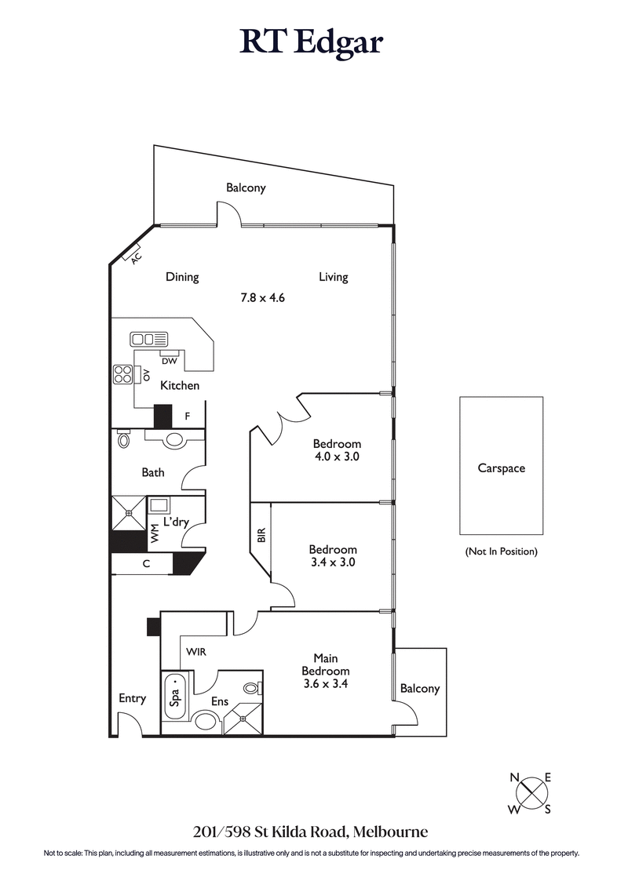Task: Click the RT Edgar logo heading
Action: pyautogui.click(x=312, y=42)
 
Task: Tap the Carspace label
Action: pyautogui.click(x=501, y=468)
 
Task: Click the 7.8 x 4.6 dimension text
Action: pyautogui.click(x=261, y=297)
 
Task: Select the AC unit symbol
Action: pyautogui.click(x=133, y=255)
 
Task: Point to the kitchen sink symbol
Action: pyautogui.click(x=149, y=339)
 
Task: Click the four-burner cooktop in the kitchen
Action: pyautogui.click(x=123, y=374)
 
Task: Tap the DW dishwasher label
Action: pyautogui.click(x=169, y=361)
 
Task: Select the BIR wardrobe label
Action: pyautogui.click(x=261, y=535)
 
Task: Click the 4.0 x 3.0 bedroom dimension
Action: pyautogui.click(x=336, y=457)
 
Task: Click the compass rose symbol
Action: pyautogui.click(x=531, y=793)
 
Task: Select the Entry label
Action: pyautogui.click(x=132, y=698)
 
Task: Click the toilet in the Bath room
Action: pyautogui.click(x=123, y=441)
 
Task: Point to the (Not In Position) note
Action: pyautogui.click(x=501, y=551)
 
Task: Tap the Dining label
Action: pyautogui.click(x=182, y=277)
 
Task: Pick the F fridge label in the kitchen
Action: pyautogui.click(x=187, y=416)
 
